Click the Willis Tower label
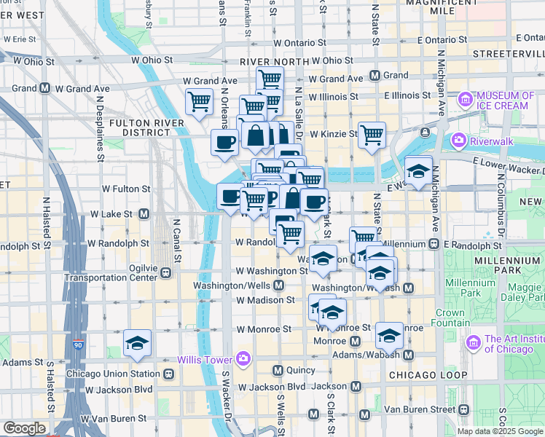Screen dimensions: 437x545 click(205, 360)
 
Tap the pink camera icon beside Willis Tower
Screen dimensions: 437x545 click(243, 359)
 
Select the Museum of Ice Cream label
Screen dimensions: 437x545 click(502, 101)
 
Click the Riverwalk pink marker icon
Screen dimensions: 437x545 click(458, 139)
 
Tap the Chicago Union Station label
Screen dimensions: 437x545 click(113, 374)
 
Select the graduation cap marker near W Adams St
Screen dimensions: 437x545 click(136, 343)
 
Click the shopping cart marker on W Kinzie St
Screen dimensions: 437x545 click(372, 134)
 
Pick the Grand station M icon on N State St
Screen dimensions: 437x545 click(375, 75)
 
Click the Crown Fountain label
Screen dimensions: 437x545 click(450, 318)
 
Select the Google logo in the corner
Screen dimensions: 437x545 click(23, 428)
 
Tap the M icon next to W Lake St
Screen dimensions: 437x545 click(144, 214)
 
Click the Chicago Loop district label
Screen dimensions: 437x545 click(428, 374)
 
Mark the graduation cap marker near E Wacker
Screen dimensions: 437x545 click(418, 171)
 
